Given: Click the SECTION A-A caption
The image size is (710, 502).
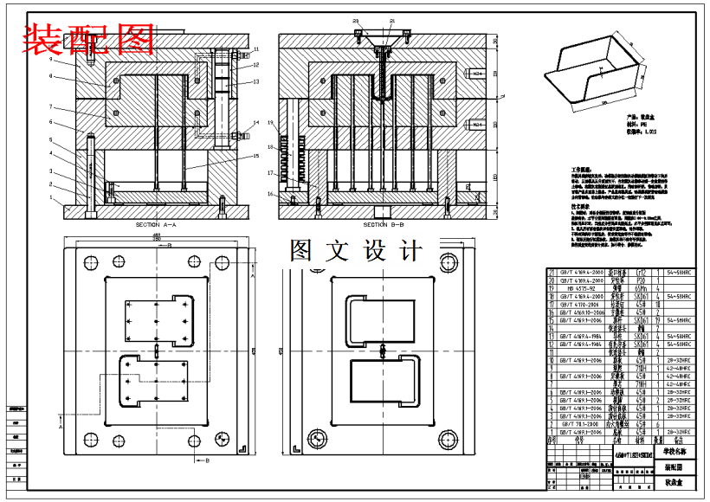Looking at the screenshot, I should [156, 224].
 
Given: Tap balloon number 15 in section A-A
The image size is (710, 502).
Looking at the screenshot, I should [256, 156].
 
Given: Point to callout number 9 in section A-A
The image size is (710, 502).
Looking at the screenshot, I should [51, 61].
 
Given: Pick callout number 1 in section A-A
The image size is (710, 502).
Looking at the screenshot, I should [51, 197].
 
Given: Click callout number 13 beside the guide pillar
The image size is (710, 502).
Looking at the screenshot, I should [256, 81].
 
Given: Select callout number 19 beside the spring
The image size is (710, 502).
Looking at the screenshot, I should [270, 124].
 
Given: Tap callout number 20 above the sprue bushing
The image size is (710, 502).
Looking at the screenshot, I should [355, 20].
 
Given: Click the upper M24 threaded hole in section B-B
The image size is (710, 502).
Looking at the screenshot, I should [477, 74].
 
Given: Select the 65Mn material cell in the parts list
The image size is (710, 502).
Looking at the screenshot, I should [642, 287].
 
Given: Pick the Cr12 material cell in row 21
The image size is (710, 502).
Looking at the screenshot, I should [642, 272].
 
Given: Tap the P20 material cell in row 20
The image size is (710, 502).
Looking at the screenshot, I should [642, 280].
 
